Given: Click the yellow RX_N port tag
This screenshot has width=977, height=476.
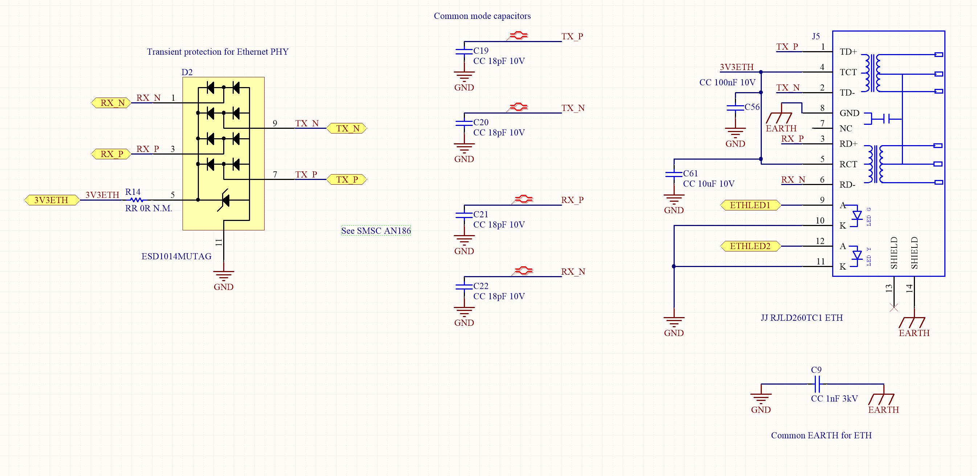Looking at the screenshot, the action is [x=111, y=103].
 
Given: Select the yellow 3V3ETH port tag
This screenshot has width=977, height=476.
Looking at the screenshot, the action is [x=52, y=200].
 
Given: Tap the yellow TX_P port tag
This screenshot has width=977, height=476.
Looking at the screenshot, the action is [x=347, y=179].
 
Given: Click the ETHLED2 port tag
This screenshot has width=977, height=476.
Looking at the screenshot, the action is [x=750, y=246].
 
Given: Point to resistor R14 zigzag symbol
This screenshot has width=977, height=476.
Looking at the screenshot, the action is [x=136, y=200].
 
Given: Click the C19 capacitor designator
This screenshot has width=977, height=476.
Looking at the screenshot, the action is [x=481, y=50].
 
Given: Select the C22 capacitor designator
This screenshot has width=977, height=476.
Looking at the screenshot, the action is [x=481, y=286].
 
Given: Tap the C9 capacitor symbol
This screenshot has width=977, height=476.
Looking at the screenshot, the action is [x=817, y=384].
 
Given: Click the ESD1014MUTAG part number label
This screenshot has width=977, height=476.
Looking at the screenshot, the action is [x=176, y=257].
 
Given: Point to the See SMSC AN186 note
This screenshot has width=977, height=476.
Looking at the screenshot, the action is [x=376, y=231].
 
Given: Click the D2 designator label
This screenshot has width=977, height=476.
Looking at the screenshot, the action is [x=187, y=72].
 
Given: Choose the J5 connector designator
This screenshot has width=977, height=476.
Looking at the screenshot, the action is [x=816, y=36].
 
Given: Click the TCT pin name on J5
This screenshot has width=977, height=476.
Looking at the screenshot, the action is [x=848, y=72].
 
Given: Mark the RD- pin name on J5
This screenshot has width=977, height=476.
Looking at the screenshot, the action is [x=847, y=185].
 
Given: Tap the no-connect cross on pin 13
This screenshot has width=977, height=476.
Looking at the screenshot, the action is [x=894, y=308].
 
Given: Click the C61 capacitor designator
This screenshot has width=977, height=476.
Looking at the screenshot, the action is [x=691, y=173].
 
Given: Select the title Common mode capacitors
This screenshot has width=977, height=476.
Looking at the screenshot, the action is [x=482, y=16].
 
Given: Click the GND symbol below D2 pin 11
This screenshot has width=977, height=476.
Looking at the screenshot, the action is [x=224, y=276].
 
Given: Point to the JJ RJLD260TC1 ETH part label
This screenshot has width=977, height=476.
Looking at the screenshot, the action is [x=802, y=318].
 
